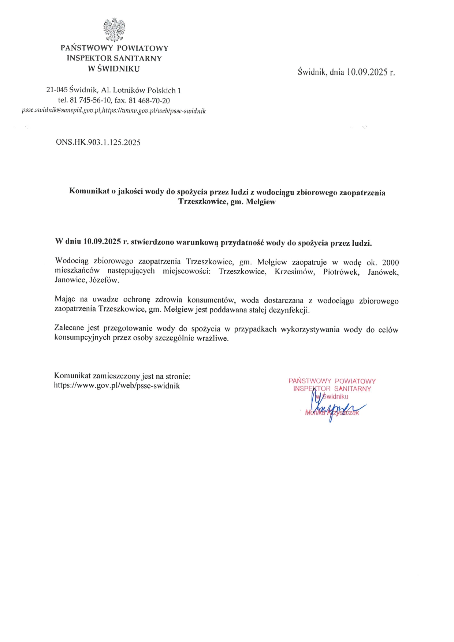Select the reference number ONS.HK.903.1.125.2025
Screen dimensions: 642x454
point(98,142)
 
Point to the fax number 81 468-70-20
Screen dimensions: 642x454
point(149,100)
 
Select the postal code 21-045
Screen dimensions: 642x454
point(57,90)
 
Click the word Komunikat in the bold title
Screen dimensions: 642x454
point(89,191)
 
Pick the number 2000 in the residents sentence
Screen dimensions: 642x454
point(390,262)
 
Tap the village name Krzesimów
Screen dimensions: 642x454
point(295,272)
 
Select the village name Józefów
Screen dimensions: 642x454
point(104,281)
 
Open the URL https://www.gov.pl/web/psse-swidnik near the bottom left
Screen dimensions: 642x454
point(117,385)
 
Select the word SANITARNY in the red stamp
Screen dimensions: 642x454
point(353,389)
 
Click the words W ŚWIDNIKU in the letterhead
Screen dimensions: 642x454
point(114,68)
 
